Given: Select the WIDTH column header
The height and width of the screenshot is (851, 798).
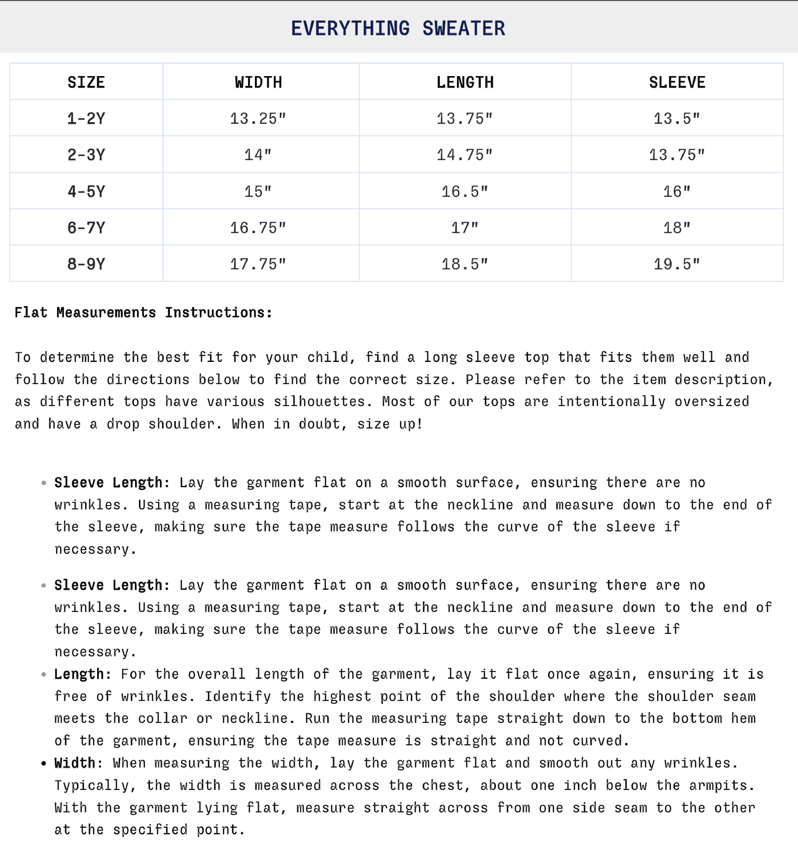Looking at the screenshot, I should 258,82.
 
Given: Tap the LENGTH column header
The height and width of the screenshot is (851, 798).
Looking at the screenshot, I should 465,82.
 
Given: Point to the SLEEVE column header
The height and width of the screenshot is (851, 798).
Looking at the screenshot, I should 677,82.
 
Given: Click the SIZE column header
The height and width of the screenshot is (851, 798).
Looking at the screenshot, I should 86,82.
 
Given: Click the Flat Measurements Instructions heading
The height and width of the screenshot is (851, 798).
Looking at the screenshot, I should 143,313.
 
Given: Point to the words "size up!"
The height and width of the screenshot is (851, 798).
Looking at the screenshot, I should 390,424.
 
